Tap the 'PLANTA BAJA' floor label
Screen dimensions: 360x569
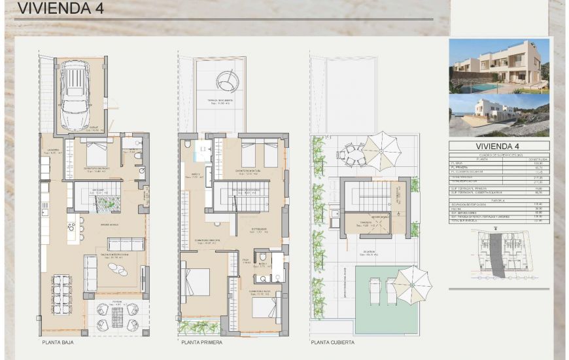click(60, 342)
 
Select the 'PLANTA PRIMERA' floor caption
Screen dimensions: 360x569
click(202, 342)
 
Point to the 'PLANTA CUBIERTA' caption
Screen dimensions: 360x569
click(333, 342)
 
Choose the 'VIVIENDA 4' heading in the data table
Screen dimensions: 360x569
click(499, 146)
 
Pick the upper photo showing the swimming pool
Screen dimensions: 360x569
click(499, 66)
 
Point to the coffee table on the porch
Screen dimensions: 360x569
click(118, 316)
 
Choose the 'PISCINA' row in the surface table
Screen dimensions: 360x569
click(499, 208)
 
